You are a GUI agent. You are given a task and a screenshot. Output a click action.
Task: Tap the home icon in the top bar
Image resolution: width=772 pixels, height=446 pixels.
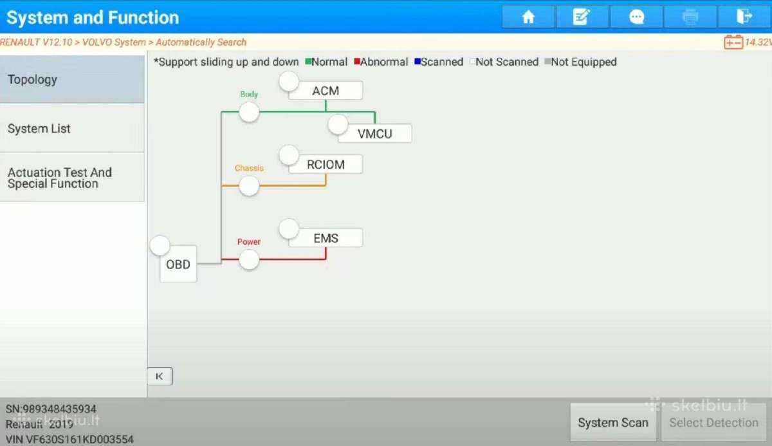coord(528,17)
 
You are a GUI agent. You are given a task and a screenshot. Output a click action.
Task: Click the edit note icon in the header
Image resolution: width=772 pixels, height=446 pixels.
coord(582,17)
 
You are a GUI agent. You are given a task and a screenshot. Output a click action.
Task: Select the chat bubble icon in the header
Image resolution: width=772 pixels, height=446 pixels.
coord(636,17)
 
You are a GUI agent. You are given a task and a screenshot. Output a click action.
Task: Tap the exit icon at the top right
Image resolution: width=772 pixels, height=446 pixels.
coord(744,16)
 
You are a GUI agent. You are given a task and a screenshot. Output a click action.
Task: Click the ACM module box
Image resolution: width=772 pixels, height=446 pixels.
coord(326,91)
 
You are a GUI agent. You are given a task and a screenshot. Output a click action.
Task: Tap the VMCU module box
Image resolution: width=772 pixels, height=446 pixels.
coord(375,133)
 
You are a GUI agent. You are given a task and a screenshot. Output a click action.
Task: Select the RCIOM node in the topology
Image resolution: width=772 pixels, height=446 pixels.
coord(326,164)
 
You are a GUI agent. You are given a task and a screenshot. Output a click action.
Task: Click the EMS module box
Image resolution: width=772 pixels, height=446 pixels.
coord(326,238)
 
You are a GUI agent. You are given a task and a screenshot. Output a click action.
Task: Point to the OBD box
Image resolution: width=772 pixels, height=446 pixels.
coord(178,264)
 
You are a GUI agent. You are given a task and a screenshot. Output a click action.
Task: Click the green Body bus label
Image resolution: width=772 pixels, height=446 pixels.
coord(249,94)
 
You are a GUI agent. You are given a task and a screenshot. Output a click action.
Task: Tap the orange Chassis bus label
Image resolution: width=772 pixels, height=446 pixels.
coord(249,168)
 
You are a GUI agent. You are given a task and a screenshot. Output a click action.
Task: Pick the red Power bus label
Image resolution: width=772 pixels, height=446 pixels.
coord(249,241)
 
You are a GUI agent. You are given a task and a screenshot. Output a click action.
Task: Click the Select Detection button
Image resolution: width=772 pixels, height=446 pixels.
coord(713,423)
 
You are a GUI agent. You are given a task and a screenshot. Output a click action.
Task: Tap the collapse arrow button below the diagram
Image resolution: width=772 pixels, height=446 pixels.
coord(160,376)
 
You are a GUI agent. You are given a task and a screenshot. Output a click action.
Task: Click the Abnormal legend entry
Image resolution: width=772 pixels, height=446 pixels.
coord(381,62)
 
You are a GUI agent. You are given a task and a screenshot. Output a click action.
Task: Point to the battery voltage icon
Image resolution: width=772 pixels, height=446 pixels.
coord(733,42)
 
